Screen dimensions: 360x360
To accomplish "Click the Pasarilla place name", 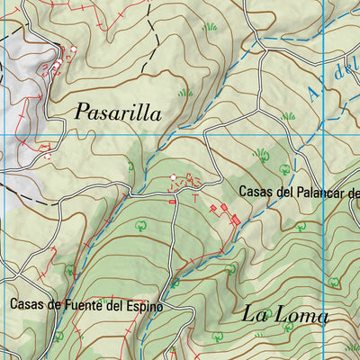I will [x=118, y=112].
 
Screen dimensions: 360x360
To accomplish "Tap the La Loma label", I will [x=285, y=314].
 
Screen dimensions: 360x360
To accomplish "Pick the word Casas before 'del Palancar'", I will [x=256, y=192].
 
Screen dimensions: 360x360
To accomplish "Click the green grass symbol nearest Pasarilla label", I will [x=185, y=92].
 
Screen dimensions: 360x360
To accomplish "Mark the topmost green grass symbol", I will [x=210, y=26].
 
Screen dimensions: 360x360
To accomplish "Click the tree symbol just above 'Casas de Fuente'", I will [x=70, y=268].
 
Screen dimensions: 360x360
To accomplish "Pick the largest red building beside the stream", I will [x=236, y=219].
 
